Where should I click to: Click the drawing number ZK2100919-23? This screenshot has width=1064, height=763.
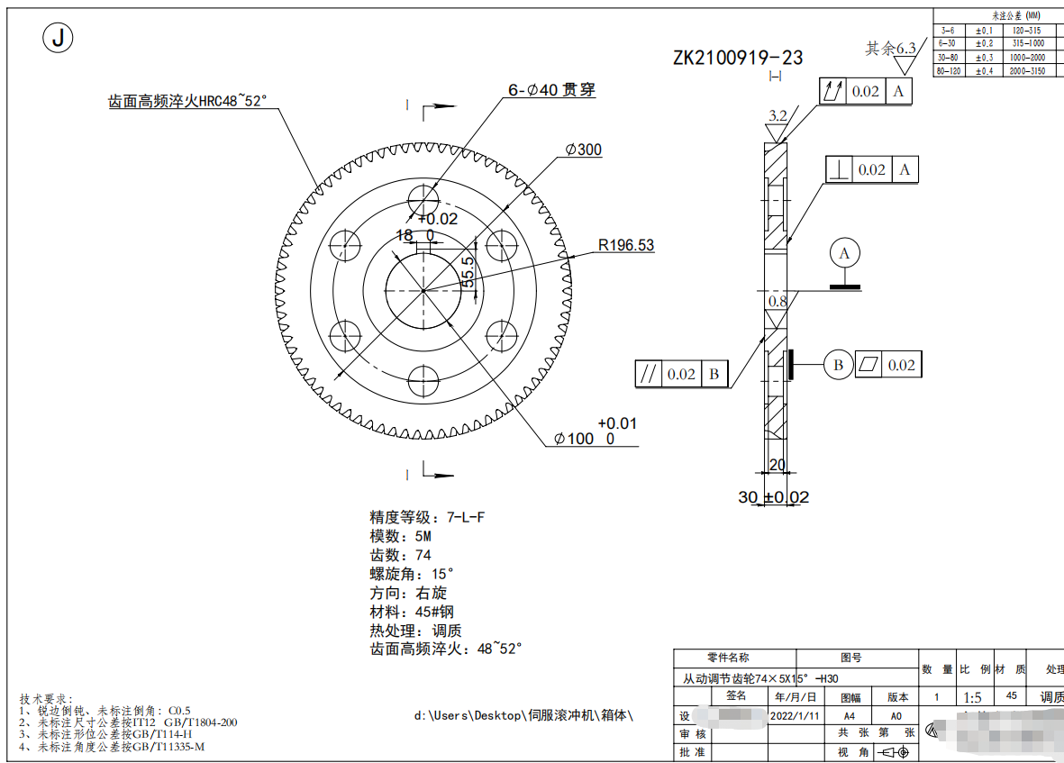(738, 59)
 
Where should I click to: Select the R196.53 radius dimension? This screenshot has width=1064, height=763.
(626, 245)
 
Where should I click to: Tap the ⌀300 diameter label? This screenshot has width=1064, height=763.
(584, 150)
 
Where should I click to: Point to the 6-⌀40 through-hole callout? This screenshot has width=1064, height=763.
(551, 90)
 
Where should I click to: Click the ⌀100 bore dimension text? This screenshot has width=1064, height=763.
(584, 439)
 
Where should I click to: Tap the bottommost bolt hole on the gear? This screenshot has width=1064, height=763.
(423, 380)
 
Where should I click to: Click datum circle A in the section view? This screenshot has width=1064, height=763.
(844, 254)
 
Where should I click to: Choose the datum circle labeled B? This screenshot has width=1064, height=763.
(838, 365)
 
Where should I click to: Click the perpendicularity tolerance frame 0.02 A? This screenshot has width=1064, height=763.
(871, 169)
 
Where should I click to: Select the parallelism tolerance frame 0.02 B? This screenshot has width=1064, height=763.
(681, 374)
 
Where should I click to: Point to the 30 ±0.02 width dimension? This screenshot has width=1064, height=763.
(773, 497)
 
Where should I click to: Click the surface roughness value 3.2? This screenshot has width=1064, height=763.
(778, 115)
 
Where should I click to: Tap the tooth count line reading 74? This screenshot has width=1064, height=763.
(400, 555)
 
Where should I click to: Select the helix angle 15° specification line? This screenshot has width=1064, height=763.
(411, 574)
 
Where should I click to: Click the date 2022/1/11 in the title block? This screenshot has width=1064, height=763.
(796, 715)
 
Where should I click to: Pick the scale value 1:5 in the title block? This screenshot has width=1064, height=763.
(973, 697)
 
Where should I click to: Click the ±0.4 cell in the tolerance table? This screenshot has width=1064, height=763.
(985, 70)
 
